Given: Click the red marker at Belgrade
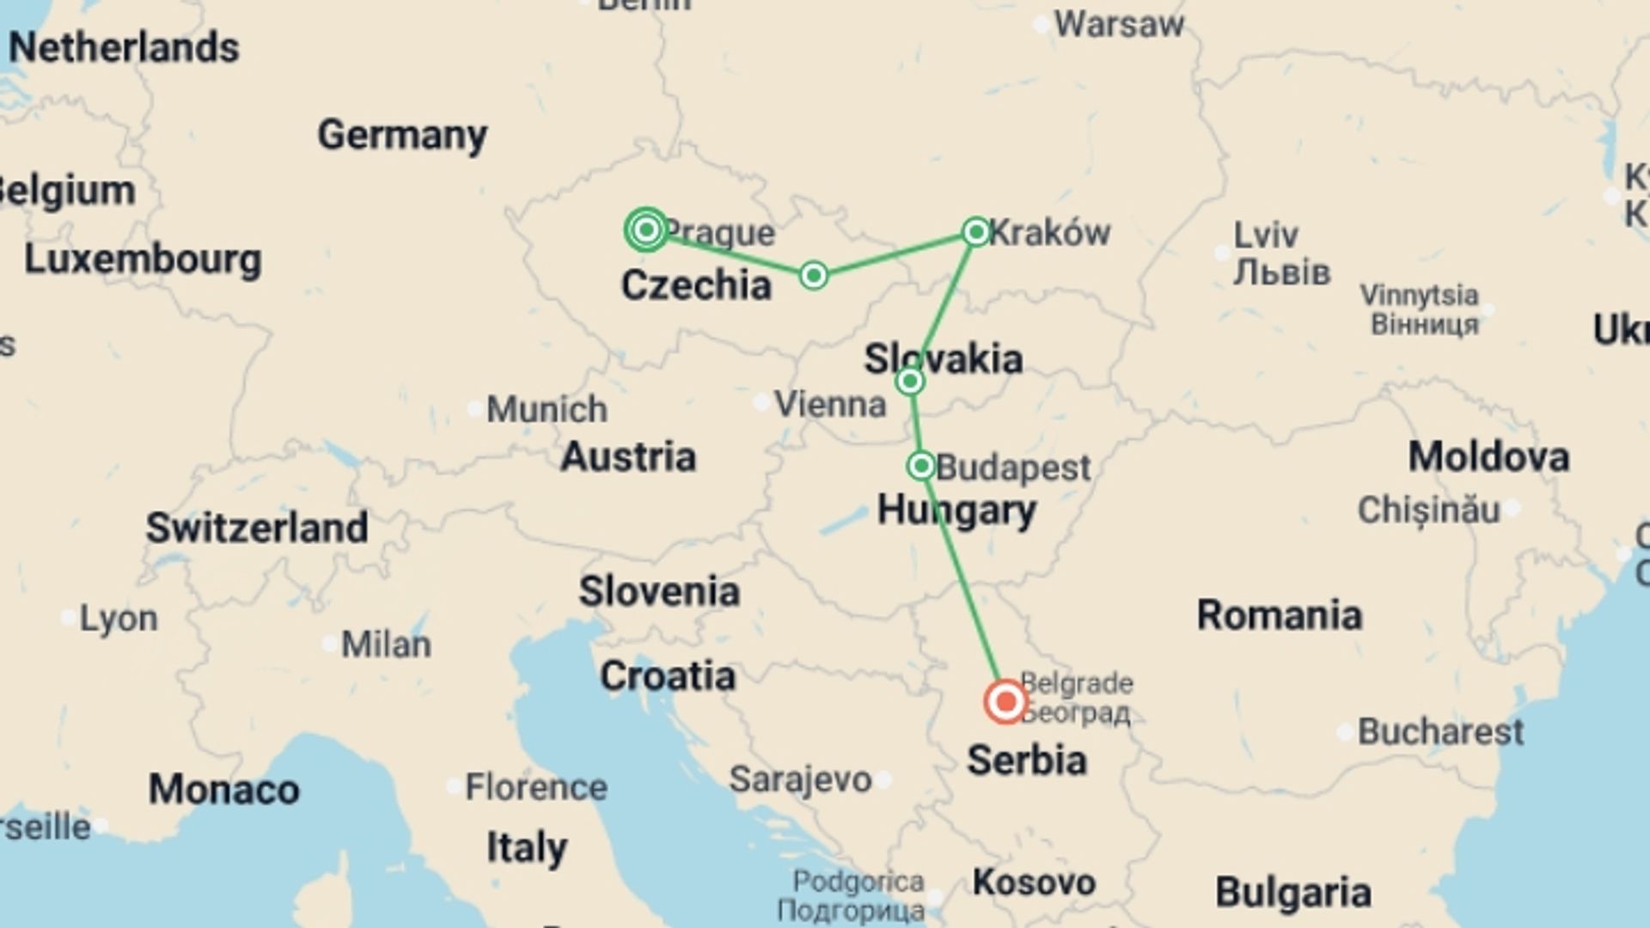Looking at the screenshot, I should [1005, 702].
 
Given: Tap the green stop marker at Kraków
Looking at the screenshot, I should [975, 231].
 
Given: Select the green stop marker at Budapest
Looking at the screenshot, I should [920, 466].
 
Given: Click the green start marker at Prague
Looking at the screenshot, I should [646, 229].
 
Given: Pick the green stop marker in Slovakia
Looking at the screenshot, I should [910, 381].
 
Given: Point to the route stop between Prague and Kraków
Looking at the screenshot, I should [813, 275].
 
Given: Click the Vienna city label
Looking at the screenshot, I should [830, 404].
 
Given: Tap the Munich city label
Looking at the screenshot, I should [547, 409].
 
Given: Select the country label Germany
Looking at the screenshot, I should [402, 135].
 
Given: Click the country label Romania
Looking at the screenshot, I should [1280, 615].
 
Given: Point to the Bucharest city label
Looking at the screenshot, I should [1440, 732].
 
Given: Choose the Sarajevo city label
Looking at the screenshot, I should [800, 779].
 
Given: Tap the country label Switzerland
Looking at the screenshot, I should [256, 528].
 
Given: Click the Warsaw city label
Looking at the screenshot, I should [1119, 25].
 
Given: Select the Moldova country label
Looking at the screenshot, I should [1488, 456].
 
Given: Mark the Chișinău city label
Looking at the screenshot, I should [1428, 510].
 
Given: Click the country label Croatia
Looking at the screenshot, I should [668, 676].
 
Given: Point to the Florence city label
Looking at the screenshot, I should [535, 786].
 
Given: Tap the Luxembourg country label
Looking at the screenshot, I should [143, 259].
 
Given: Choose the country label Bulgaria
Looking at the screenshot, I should [1292, 893].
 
